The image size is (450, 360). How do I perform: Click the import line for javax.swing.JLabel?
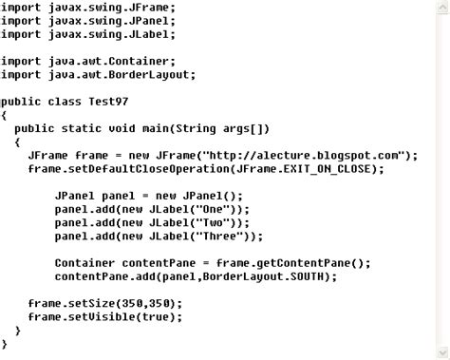[88, 34]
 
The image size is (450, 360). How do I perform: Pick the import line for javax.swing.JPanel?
[88, 20]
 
